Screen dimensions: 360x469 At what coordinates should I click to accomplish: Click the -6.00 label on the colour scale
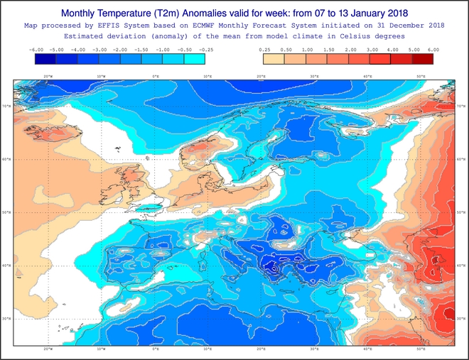point(36,50)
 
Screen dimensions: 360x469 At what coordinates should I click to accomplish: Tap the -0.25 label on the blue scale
point(206,50)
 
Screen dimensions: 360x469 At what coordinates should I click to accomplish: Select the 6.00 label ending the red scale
point(433,50)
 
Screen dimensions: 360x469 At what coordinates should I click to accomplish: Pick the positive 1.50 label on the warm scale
point(329,50)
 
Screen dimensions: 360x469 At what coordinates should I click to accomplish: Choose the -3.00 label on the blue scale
point(99,50)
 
